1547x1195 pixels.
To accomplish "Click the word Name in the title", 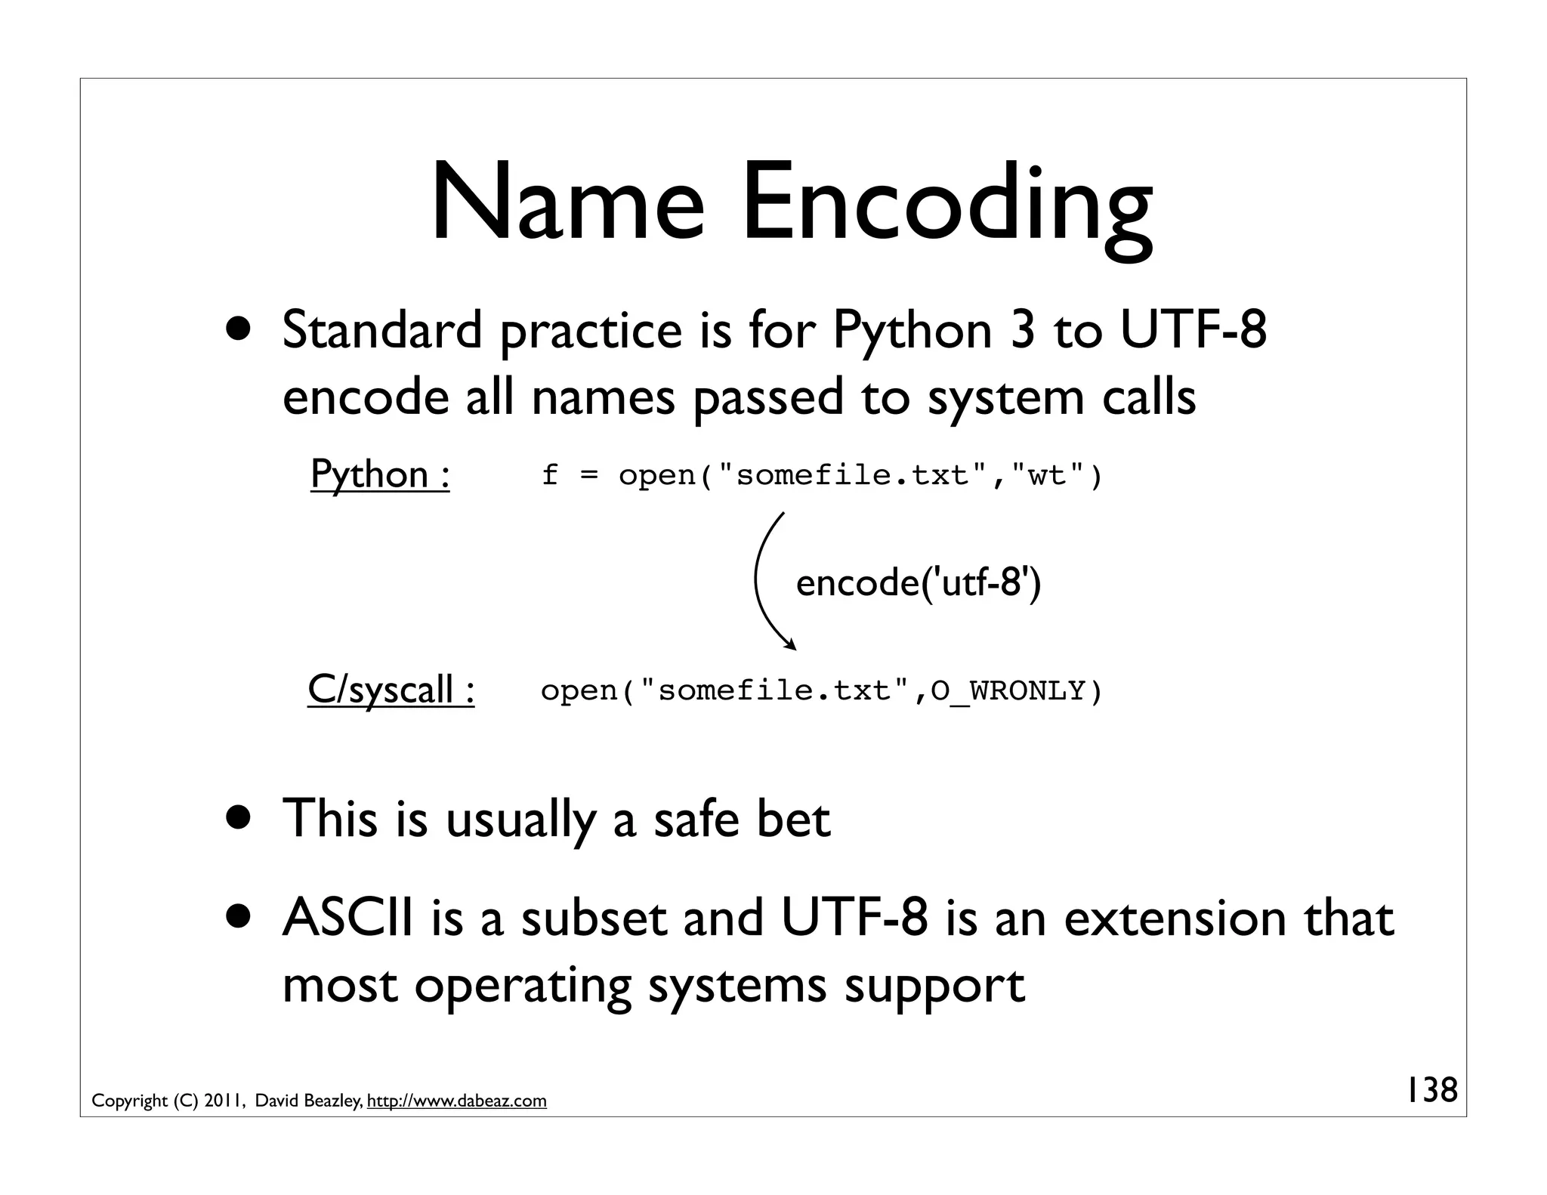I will click(567, 204).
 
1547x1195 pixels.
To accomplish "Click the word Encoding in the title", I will click(946, 208).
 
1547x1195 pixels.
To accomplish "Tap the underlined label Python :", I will click(380, 474).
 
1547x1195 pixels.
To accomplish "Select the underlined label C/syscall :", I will click(391, 690).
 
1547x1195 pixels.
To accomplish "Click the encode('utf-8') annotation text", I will click(918, 582).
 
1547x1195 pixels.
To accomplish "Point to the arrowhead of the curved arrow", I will click(792, 646).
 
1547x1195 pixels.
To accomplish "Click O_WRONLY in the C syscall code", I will click(1008, 691).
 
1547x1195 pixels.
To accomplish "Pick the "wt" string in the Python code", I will click(1048, 475).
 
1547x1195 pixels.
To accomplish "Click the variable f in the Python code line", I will click(550, 475).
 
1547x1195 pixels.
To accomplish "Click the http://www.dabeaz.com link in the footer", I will click(456, 1101).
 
